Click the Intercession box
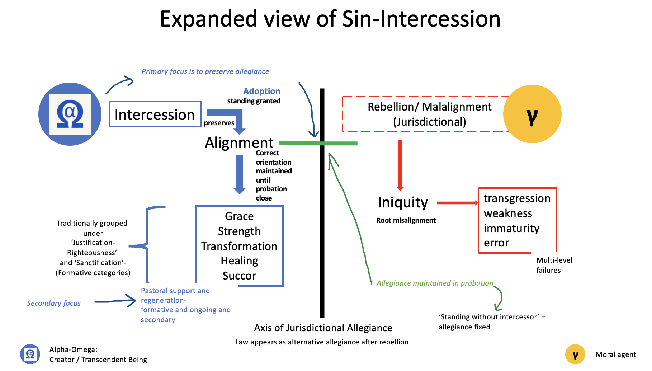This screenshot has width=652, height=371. tap(155, 114)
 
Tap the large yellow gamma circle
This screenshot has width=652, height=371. tap(532, 114)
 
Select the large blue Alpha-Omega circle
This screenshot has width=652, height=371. tap(70, 114)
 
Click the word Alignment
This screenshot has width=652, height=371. tap(239, 143)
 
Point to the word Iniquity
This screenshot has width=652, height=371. tap(403, 203)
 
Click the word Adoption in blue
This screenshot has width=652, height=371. tap(262, 91)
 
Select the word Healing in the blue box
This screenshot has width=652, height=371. tap(239, 261)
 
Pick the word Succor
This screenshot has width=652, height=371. tap(239, 276)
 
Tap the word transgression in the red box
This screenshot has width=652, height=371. tap(517, 198)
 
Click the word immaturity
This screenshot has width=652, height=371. tap(511, 229)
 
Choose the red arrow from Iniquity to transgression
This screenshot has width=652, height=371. tap(457, 203)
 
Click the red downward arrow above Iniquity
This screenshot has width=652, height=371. tap(400, 165)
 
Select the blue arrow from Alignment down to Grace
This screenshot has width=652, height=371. tap(240, 174)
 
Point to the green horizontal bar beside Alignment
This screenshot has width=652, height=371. tap(318, 144)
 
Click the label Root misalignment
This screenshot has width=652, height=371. tap(406, 220)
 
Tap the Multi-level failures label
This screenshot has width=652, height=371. tap(554, 265)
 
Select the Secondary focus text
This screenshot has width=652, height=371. tap(54, 304)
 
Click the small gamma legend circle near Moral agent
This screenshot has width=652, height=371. tap(575, 354)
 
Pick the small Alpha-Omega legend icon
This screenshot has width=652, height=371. tap(30, 354)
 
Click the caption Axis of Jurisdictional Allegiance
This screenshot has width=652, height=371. tap(323, 328)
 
